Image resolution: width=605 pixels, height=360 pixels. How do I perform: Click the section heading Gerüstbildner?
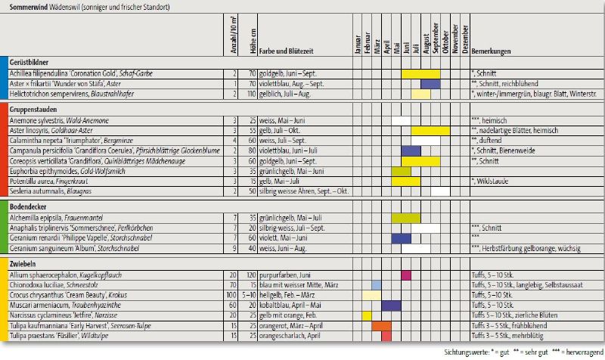tap(29, 62)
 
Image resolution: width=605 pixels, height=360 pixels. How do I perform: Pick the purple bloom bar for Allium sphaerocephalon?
tap(406, 275)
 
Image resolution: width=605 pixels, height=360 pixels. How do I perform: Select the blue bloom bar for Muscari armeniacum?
tap(391, 304)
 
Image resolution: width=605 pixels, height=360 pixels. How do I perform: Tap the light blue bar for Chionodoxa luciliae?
tap(377, 284)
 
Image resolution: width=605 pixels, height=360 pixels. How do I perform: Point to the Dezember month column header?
tap(466, 38)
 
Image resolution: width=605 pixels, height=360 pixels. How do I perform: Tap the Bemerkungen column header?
tap(490, 52)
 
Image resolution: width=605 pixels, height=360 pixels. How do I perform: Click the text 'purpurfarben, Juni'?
tap(284, 275)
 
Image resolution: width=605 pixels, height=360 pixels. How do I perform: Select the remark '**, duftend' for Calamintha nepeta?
tap(488, 140)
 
